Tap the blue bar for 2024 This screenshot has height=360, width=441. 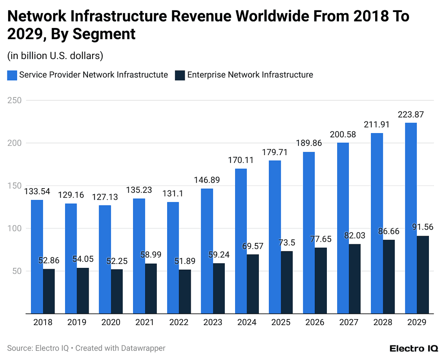pos(241,241)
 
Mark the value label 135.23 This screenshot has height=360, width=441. pos(139,190)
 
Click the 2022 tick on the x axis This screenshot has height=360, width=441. pos(179,323)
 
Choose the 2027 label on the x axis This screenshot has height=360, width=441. pos(349,323)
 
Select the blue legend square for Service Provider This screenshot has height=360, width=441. pos(12,75)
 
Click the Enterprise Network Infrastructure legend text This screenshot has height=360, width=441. pos(250,75)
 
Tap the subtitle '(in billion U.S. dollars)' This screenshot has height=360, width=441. pos(55,56)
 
